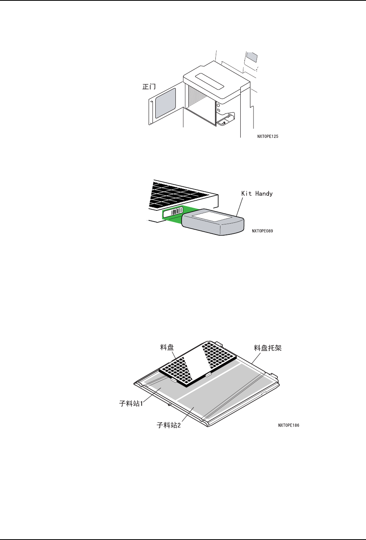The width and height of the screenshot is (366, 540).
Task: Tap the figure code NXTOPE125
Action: [x=268, y=137]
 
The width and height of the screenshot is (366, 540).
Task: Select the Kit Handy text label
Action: [x=257, y=194]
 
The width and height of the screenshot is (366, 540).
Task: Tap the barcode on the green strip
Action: [x=177, y=212]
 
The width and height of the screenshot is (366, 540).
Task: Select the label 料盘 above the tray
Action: [x=167, y=347]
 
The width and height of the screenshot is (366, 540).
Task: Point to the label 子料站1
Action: [x=131, y=404]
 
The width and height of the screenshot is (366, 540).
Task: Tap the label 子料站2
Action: [x=169, y=425]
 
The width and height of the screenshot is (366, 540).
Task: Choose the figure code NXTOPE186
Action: [x=289, y=425]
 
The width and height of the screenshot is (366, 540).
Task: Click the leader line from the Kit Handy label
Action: [x=238, y=206]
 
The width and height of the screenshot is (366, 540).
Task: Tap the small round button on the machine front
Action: [x=219, y=105]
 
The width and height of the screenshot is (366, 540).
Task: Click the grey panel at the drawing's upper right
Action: [x=252, y=57]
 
